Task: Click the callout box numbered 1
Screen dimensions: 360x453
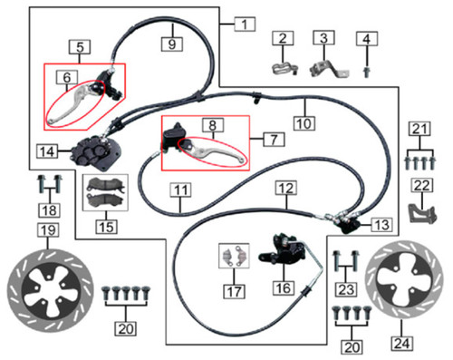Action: pyautogui.click(x=242, y=20)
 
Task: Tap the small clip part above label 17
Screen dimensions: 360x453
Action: pyautogui.click(x=232, y=257)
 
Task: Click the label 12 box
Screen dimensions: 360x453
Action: pyautogui.click(x=286, y=189)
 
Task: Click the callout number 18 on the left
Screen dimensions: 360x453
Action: pyautogui.click(x=47, y=210)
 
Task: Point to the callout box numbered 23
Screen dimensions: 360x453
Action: pyautogui.click(x=342, y=290)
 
